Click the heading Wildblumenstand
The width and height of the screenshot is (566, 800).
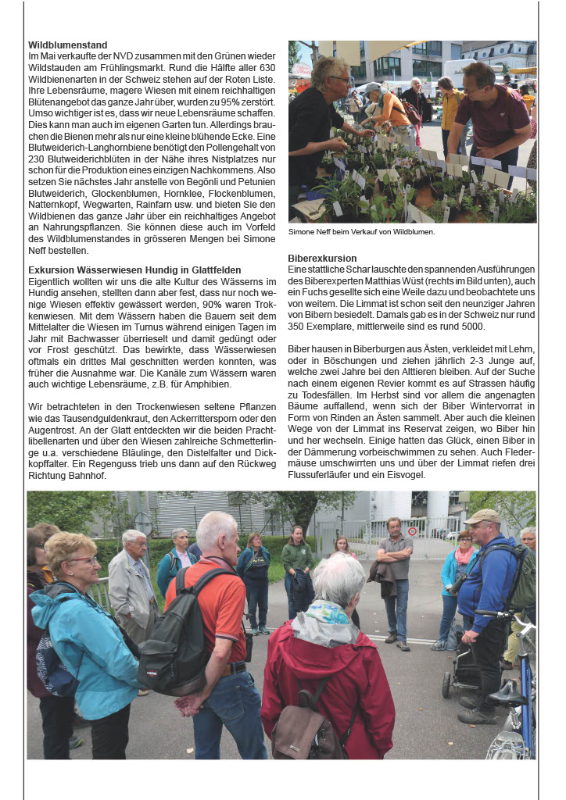[x=68, y=45]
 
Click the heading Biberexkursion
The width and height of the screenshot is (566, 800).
[x=322, y=258]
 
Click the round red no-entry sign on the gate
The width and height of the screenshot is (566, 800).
[x=412, y=531]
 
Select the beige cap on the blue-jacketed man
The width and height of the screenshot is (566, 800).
[x=482, y=516]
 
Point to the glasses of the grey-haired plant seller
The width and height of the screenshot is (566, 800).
[x=342, y=79]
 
